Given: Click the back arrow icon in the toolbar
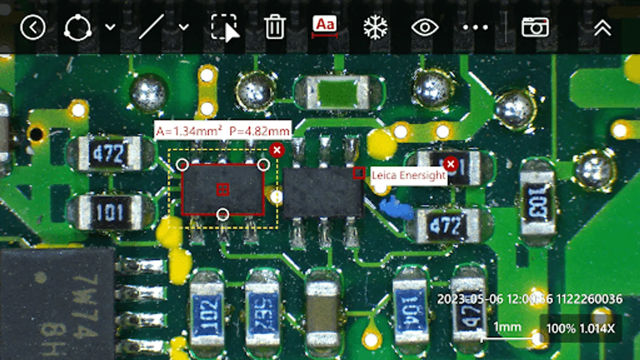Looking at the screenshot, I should (33, 28).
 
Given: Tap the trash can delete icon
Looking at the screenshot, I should (274, 27).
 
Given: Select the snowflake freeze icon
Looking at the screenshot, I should (375, 28).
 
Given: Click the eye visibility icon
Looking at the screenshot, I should (425, 28).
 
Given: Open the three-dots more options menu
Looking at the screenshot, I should (475, 28).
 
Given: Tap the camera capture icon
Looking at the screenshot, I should (535, 27).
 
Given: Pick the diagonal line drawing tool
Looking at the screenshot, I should (152, 27).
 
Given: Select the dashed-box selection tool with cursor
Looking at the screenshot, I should (224, 27).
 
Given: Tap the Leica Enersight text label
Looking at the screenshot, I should (408, 175).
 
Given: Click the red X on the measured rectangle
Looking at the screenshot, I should (277, 150).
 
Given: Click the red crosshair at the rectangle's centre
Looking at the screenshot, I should (223, 189).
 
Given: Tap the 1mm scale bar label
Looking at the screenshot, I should (507, 327).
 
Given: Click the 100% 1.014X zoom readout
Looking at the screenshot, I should (580, 328).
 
